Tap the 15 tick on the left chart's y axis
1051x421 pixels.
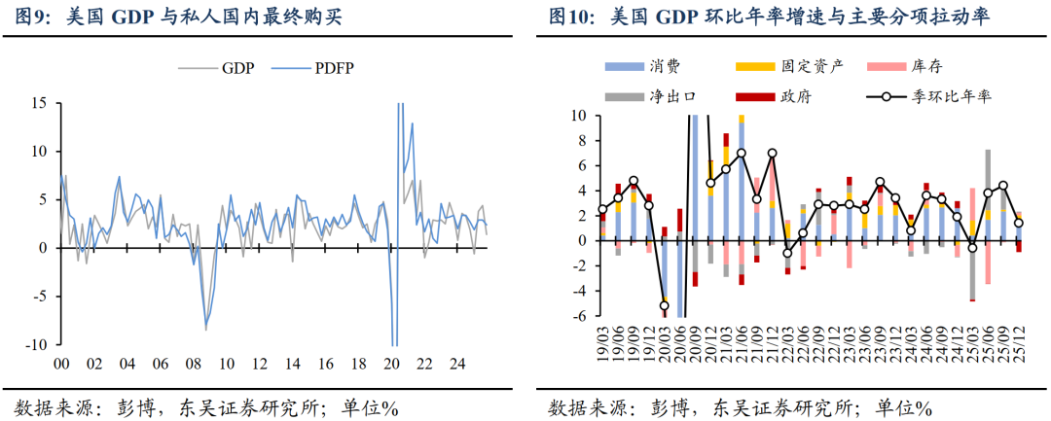tap(41, 103)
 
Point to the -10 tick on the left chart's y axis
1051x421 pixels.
tap(38, 345)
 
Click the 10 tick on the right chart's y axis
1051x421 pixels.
tap(577, 116)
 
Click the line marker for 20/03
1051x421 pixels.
tap(665, 305)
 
